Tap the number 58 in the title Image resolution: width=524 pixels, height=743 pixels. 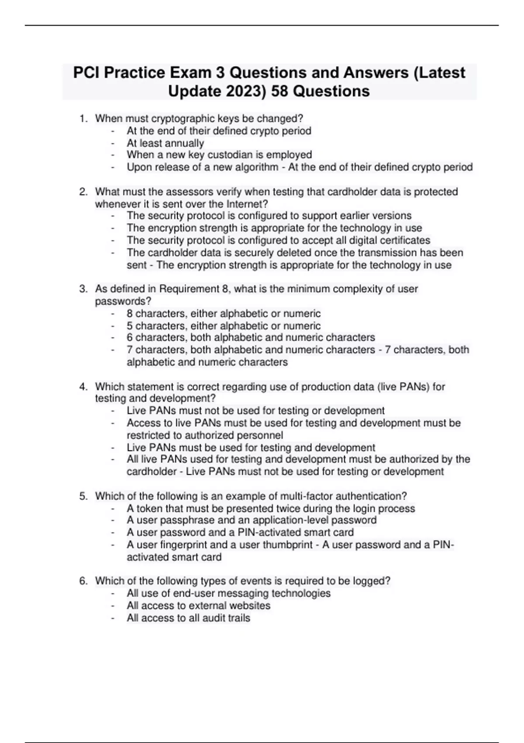[280, 91]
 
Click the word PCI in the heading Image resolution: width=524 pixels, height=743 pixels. [85, 72]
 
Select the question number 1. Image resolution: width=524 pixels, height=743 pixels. [82, 118]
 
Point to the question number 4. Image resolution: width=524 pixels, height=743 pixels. [82, 387]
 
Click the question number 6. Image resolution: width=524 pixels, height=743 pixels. [82, 581]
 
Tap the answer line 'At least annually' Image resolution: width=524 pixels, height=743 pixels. [165, 143]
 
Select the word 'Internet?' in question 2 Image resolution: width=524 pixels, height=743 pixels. [247, 204]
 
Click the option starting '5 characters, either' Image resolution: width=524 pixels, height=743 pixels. [223, 326]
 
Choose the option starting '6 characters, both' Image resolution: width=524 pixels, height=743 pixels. [251, 337]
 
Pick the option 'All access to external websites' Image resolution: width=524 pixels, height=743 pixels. [198, 606]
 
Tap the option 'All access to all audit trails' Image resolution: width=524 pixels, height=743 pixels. [188, 618]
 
